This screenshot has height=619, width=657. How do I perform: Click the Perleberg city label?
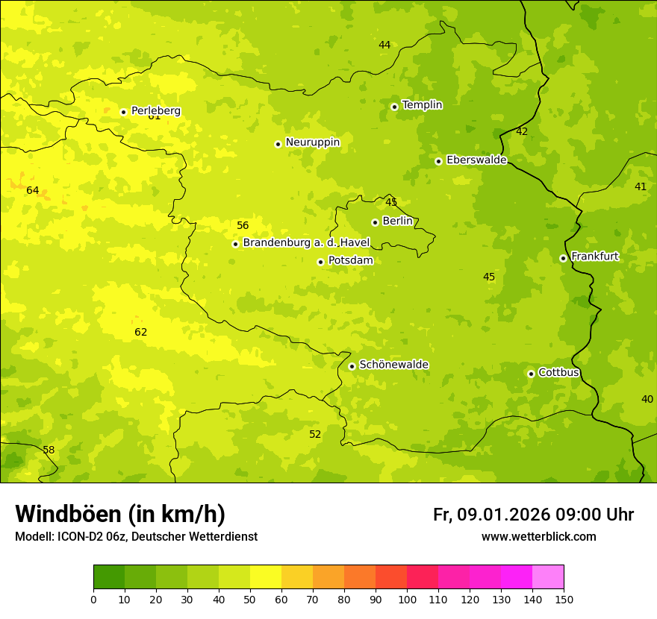(x=155, y=110)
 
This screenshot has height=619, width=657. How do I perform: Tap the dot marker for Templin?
(x=394, y=107)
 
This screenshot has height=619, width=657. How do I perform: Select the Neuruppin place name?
(x=312, y=142)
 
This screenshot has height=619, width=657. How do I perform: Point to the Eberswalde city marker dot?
(x=438, y=161)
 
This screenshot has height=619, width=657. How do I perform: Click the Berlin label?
(x=397, y=221)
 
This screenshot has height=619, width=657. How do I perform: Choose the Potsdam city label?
(x=350, y=260)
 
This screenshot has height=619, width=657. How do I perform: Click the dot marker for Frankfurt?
(x=563, y=258)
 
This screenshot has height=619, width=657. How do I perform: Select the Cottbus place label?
(x=558, y=372)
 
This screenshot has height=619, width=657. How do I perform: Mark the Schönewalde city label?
(x=393, y=365)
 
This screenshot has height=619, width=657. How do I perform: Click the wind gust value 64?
(x=33, y=191)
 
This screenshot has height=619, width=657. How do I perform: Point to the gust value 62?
(x=140, y=333)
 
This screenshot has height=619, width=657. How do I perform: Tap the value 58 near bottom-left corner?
(x=49, y=450)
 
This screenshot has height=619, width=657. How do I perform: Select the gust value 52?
(x=315, y=435)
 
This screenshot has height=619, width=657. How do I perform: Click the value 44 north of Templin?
(x=384, y=45)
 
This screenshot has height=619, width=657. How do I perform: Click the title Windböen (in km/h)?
(x=120, y=514)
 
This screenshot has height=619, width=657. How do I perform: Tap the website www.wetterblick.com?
(x=538, y=537)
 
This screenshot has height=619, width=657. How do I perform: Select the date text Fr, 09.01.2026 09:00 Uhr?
(x=533, y=515)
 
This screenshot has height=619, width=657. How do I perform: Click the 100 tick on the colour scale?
(x=407, y=599)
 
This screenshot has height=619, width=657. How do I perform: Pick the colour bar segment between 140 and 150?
(x=548, y=577)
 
